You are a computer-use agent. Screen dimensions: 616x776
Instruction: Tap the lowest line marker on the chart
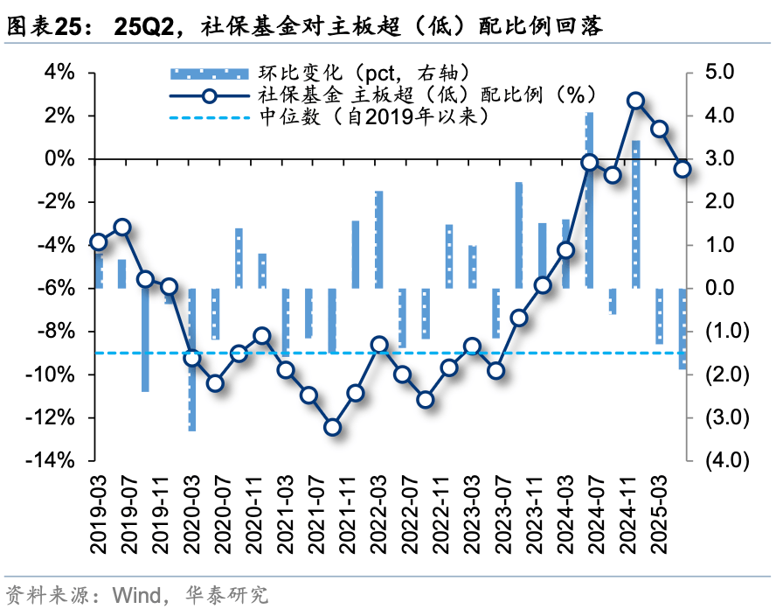332,427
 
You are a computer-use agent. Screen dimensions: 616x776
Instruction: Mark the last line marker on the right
682,169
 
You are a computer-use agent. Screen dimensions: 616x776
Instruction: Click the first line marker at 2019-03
99,242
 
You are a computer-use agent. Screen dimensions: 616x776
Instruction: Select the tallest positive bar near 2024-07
589,199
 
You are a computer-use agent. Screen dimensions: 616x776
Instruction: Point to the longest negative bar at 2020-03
192,359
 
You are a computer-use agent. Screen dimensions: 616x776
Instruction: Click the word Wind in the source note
135,597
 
